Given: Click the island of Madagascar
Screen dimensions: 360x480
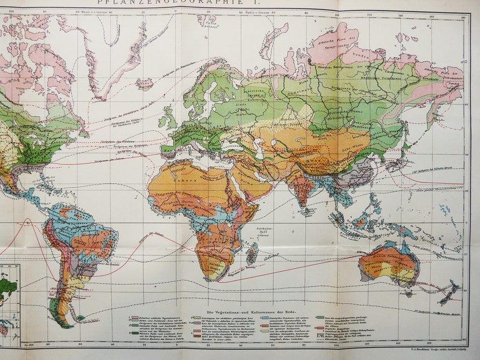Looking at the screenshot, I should tap(251, 254).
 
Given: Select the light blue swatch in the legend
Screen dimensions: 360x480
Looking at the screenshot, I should tap(264, 316).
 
